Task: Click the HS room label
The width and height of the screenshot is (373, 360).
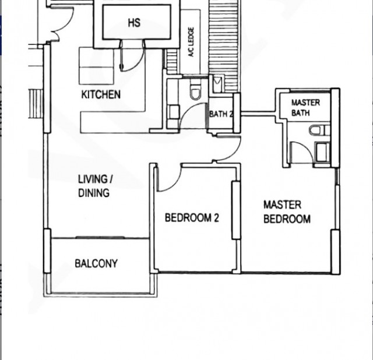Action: (133, 24)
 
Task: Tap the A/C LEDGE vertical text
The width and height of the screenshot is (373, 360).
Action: (191, 42)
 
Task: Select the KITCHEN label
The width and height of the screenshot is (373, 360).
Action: (101, 94)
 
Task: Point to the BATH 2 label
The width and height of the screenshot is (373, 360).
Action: (221, 114)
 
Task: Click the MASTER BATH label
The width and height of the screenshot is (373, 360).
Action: (305, 108)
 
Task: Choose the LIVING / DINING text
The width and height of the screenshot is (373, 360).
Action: (94, 186)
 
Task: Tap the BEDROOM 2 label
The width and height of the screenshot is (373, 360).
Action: (192, 218)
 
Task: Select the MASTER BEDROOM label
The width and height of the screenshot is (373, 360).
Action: (286, 212)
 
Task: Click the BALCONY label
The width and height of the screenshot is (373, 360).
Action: (96, 264)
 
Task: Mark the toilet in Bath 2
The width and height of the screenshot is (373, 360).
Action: (195, 92)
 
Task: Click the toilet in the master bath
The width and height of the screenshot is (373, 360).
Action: (318, 130)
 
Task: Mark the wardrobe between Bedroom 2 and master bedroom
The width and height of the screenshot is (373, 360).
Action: (236, 210)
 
